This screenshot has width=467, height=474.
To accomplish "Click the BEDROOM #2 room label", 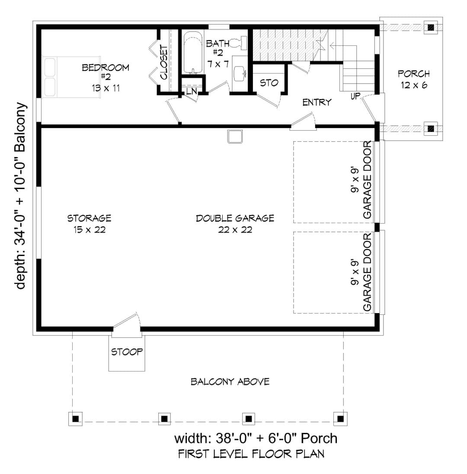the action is tap(106, 78).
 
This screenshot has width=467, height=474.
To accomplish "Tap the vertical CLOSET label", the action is tap(163, 62).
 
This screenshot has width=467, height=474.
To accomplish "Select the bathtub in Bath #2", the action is tap(193, 52).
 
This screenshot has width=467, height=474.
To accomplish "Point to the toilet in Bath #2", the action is tap(238, 43).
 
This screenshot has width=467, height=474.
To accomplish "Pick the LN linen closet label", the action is tap(191, 91).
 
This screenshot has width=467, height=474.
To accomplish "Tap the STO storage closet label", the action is tap(269, 83).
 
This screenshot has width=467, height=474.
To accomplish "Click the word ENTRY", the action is tap(317, 102).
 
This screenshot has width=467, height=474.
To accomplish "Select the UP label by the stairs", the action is tap(355, 96).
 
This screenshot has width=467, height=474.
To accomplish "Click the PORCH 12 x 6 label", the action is tap(414, 79).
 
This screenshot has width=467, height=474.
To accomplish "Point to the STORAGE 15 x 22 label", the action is tap(90, 224).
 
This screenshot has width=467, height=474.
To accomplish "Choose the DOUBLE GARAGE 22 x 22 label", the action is tap(235, 224).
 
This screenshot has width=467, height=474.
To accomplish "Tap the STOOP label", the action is tap(127, 352).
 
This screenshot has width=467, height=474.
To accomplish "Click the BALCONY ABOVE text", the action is tap(230, 381).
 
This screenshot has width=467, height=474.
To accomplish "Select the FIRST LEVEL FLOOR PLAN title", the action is tap(251, 454).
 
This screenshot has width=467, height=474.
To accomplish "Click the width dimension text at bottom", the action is tap(256, 438).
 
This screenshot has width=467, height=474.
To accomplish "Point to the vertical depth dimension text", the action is tap(21, 196).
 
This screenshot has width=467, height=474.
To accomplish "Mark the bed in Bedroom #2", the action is tap(71, 77).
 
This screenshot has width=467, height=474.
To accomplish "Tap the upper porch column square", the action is tap(431, 28).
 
